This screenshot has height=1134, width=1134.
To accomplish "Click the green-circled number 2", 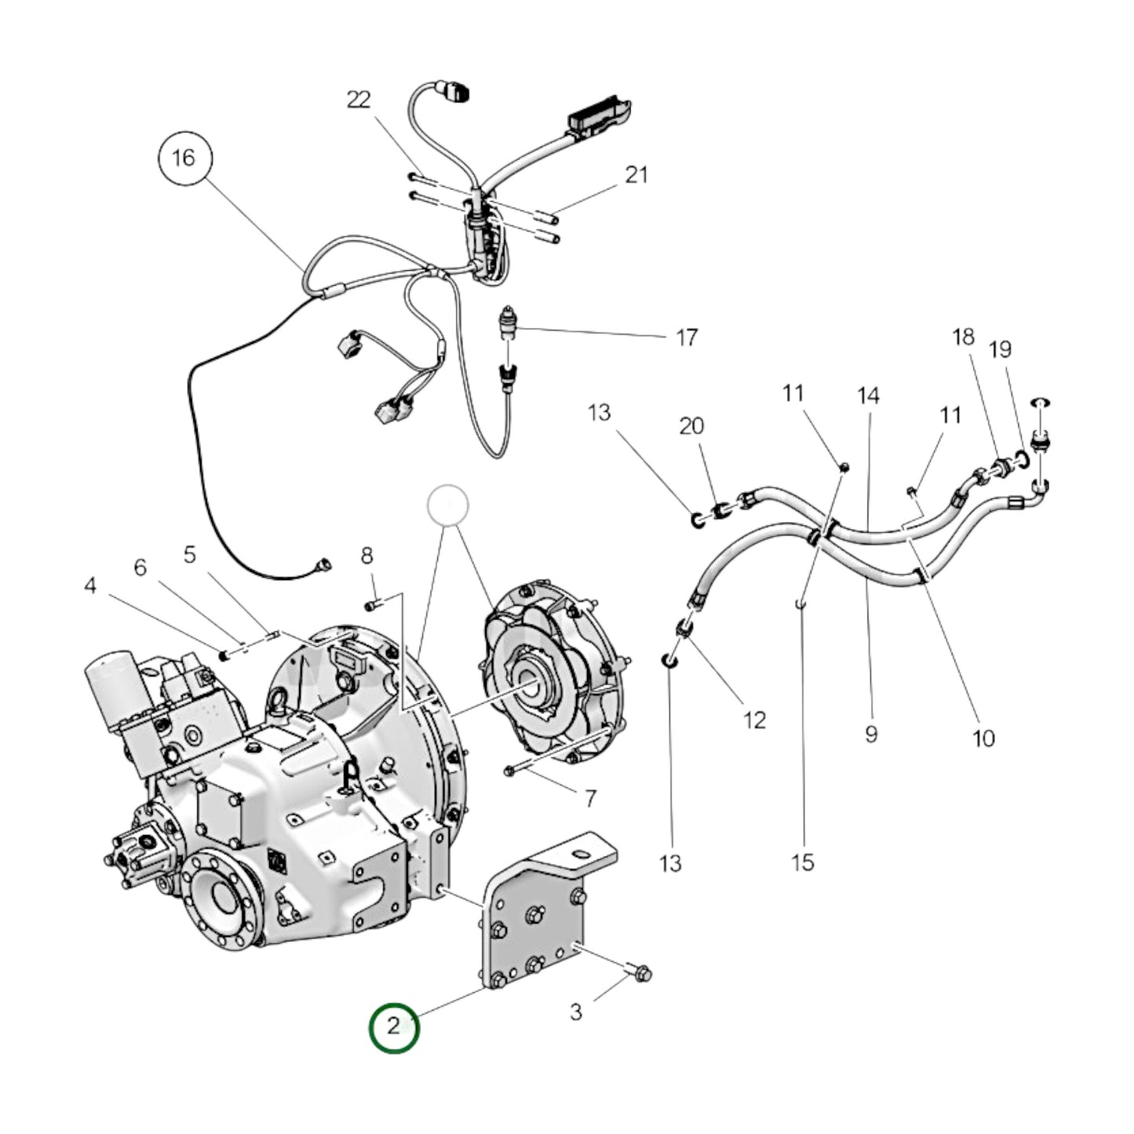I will (x=394, y=1027).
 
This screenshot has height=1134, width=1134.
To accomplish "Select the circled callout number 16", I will (x=183, y=158).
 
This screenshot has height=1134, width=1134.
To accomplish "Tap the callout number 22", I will (x=359, y=100).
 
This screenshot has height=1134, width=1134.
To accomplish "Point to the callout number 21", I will (x=636, y=174).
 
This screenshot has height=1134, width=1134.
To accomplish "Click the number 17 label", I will (x=687, y=337).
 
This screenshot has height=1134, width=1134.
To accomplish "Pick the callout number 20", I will (x=691, y=426).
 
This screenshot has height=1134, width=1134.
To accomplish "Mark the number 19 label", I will (x=1000, y=349).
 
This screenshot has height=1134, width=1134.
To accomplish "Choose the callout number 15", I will (x=803, y=862).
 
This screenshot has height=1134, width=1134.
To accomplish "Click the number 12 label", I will (x=754, y=720).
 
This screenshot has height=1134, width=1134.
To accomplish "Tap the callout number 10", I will (x=983, y=738).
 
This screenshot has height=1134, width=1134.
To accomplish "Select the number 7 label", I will (x=590, y=798).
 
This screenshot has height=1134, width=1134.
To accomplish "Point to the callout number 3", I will (x=576, y=1012).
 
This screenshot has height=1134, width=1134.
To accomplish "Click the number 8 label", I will (x=366, y=556).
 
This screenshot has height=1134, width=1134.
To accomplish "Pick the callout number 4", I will (x=90, y=585).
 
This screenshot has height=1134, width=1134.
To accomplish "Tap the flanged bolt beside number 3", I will (x=641, y=974).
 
